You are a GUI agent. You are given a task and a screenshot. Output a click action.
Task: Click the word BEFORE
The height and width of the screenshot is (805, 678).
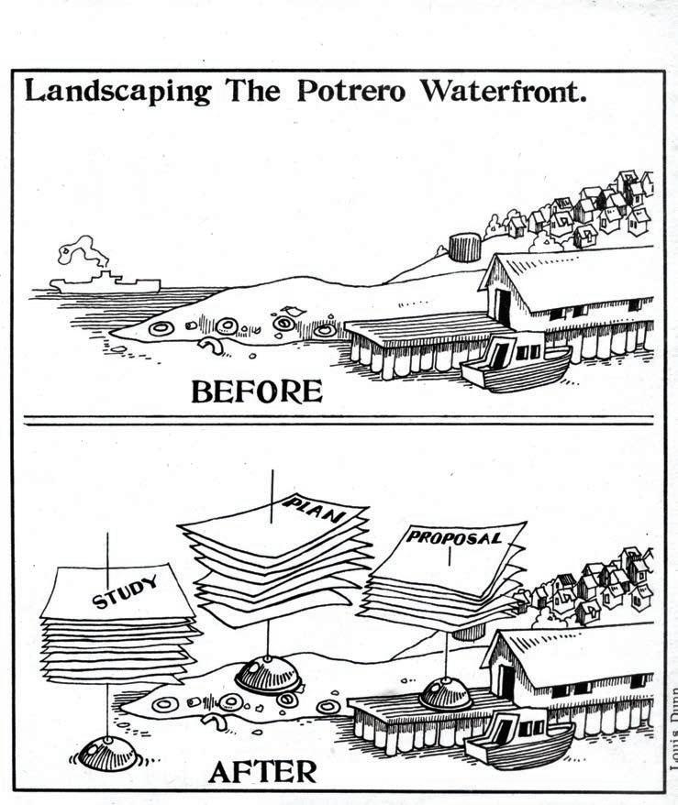(256, 391)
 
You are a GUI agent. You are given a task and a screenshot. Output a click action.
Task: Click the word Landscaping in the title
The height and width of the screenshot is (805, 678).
(117, 94)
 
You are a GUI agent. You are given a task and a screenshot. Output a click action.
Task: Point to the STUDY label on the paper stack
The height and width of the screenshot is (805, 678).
(126, 591)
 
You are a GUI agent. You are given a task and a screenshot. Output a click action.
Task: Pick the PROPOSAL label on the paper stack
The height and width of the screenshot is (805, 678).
(455, 538)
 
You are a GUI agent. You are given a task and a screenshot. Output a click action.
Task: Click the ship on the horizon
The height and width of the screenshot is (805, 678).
(106, 282)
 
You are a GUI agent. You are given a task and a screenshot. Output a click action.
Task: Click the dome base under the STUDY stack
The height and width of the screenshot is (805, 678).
(108, 753)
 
